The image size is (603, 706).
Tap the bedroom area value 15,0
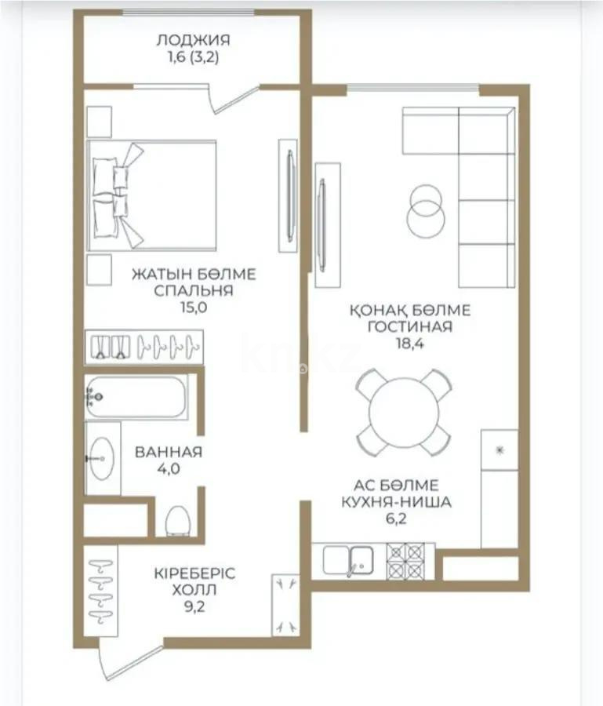click(194, 307)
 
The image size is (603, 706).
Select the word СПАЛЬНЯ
click(194, 291)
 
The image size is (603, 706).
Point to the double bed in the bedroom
click(152, 195)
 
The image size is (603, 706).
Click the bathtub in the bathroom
click(136, 398)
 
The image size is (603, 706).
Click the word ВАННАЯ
click(169, 452)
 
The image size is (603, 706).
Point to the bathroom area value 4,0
click(169, 468)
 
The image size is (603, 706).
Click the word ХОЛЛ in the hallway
click(194, 589)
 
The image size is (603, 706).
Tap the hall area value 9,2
click(194, 606)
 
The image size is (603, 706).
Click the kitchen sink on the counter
click(361, 559)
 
